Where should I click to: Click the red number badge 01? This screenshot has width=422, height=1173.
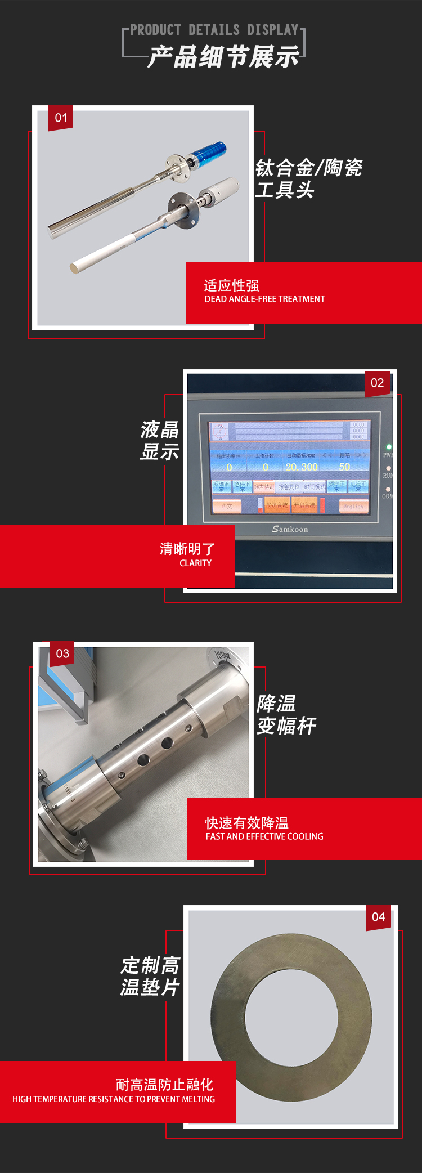pyautogui.click(x=61, y=118)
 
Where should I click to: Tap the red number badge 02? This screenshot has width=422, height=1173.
pyautogui.click(x=378, y=383)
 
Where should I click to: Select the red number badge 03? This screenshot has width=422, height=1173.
pyautogui.click(x=62, y=653)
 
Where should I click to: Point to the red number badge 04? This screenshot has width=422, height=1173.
pyautogui.click(x=378, y=917)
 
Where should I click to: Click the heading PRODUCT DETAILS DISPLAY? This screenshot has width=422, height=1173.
pyautogui.click(x=214, y=30)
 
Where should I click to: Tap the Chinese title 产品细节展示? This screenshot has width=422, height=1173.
pyautogui.click(x=223, y=57)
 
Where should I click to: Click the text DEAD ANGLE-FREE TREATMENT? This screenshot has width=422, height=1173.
pyautogui.click(x=264, y=299)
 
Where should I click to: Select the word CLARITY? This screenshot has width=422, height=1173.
pyautogui.click(x=195, y=563)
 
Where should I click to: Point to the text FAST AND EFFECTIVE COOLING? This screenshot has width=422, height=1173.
pyautogui.click(x=264, y=836)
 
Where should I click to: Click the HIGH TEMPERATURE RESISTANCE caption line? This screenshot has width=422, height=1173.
pyautogui.click(x=114, y=1099)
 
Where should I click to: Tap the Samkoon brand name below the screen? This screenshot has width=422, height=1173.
pyautogui.click(x=290, y=529)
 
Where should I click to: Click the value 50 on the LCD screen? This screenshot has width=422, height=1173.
pyautogui.click(x=344, y=467)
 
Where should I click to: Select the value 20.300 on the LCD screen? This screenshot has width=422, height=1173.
pyautogui.click(x=302, y=467)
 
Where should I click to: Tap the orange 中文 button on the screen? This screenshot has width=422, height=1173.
pyautogui.click(x=227, y=505)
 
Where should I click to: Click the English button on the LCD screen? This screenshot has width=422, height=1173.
pyautogui.click(x=353, y=506)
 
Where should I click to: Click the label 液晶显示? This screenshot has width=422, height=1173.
pyautogui.click(x=160, y=440)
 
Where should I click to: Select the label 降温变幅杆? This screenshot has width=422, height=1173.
pyautogui.click(x=286, y=714)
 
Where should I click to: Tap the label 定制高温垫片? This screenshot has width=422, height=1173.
pyautogui.click(x=150, y=976)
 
